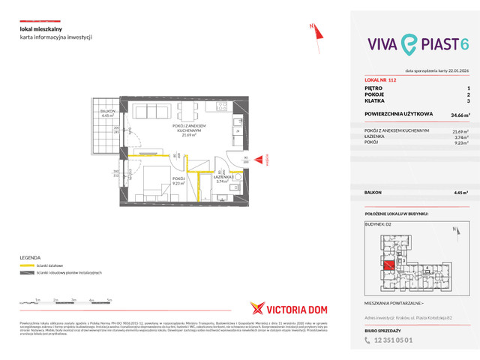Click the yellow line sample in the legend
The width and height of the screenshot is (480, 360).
tap(28, 265)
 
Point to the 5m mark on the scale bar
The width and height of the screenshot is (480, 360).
tap(109, 299)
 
